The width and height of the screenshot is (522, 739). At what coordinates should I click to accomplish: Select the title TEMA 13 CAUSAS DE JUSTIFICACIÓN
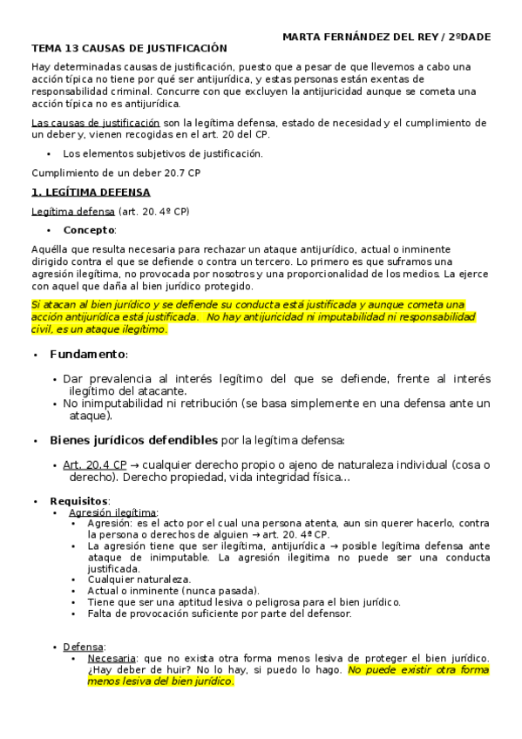(x=128, y=49)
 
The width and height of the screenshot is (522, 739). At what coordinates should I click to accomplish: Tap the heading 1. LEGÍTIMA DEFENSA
(x=90, y=192)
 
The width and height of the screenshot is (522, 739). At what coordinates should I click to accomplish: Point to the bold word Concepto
(x=88, y=230)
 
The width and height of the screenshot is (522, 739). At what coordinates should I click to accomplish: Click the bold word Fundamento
(x=87, y=355)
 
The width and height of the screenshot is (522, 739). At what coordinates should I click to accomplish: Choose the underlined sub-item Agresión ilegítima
(x=112, y=512)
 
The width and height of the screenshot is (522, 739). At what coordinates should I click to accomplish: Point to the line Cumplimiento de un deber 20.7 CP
(x=109, y=173)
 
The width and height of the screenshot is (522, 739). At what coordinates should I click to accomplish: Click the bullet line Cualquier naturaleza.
(x=139, y=579)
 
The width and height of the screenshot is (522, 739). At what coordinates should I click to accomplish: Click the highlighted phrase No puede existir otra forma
(x=418, y=669)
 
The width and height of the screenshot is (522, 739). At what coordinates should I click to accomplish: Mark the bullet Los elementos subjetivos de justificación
(x=162, y=153)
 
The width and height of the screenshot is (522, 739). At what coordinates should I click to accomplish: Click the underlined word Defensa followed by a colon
(x=83, y=647)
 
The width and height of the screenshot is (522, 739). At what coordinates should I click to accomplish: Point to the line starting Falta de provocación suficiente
(x=220, y=613)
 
